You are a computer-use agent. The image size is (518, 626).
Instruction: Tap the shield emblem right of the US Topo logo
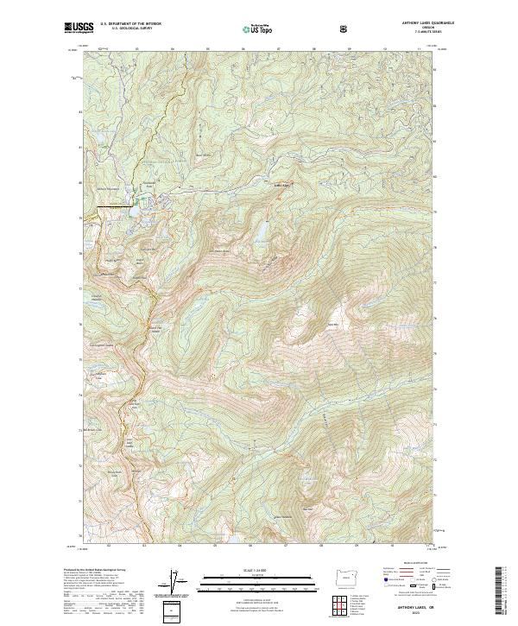click(x=344, y=28)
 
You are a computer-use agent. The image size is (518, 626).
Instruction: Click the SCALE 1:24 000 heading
click(x=245, y=568)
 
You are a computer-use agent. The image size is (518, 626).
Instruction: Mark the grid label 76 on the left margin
click(x=81, y=325)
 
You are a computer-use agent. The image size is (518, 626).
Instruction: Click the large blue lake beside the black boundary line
click(x=136, y=206)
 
